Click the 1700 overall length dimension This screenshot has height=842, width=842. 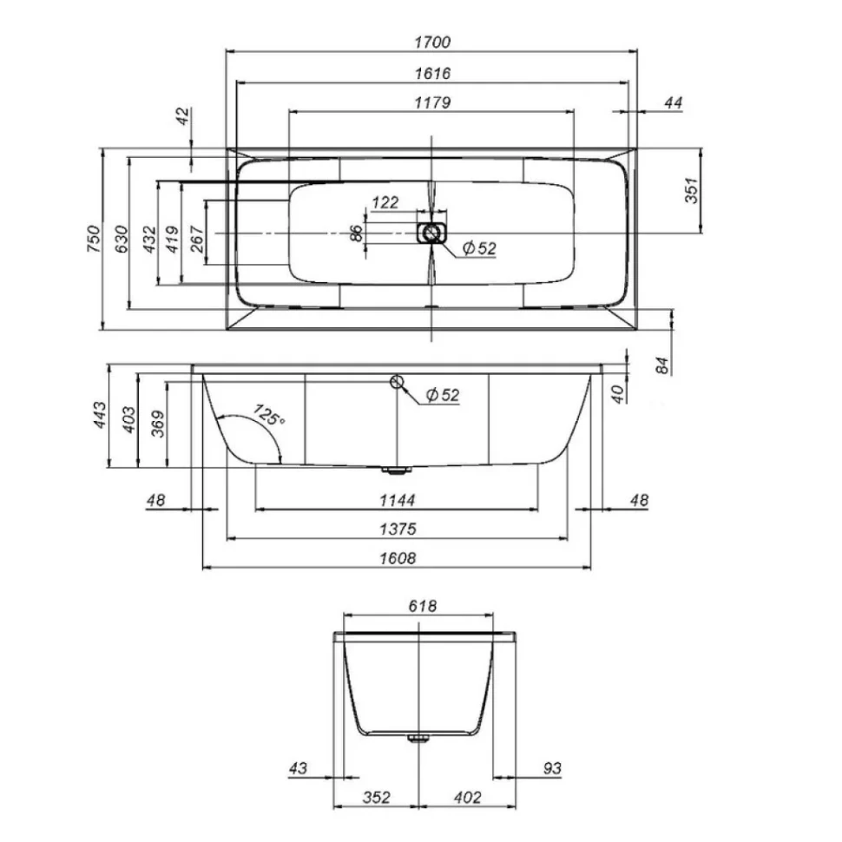pos(432,42)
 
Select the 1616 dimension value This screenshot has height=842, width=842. pos(432,73)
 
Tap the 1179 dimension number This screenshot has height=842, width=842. pos(432,102)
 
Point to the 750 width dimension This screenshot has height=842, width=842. pos(94,239)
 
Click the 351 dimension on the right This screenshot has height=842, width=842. pos(692,190)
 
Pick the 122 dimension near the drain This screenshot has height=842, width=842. pos(385,202)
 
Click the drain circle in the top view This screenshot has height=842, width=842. pos(431,233)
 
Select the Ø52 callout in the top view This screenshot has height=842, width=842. pos(479,248)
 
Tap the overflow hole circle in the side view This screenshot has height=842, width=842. pos(397,381)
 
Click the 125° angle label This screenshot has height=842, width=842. pos(269,415)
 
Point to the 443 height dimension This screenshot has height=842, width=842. pos(101,415)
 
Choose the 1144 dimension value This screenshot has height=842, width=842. pos(398,501)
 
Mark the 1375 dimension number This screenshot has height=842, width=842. pos(398,529)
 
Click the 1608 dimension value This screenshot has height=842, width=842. pos(398,558)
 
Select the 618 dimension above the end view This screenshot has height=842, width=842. pos(423,606)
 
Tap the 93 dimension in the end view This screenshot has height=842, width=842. pos(552,768)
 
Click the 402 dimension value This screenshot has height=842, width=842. pos(468,798)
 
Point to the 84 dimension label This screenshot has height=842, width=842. pos(662,365)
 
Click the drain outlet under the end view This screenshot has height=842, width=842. pos(418,739)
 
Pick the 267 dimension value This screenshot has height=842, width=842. pos(197,239)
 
